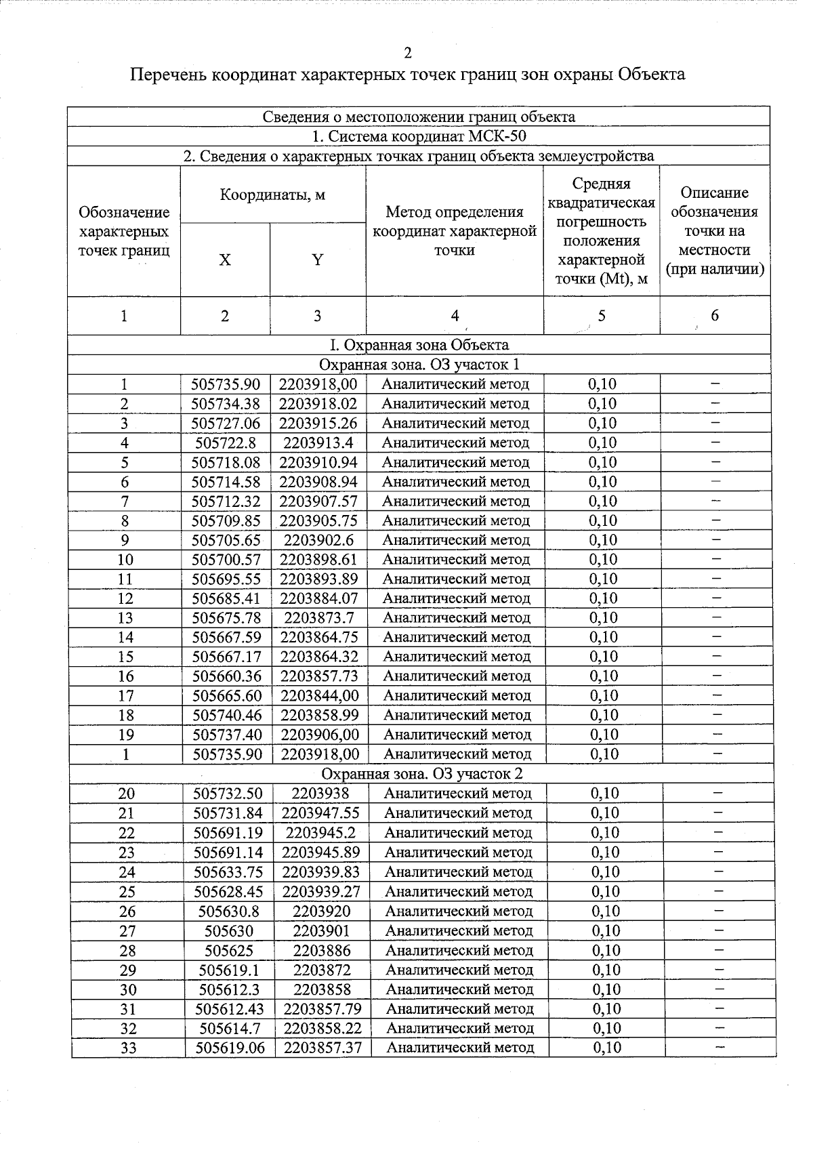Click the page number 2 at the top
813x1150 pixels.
[x=407, y=54]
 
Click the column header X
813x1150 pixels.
[x=225, y=260]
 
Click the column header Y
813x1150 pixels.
[x=317, y=260]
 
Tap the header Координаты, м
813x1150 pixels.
[x=272, y=195]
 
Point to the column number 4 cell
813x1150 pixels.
[x=455, y=316]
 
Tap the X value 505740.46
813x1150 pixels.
[x=227, y=716]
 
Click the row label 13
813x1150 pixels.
[x=125, y=618]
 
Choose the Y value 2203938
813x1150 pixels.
[x=321, y=794]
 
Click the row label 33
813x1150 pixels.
[x=128, y=1048]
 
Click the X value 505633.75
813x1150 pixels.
[x=228, y=872]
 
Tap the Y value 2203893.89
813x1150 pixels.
[x=318, y=579]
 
